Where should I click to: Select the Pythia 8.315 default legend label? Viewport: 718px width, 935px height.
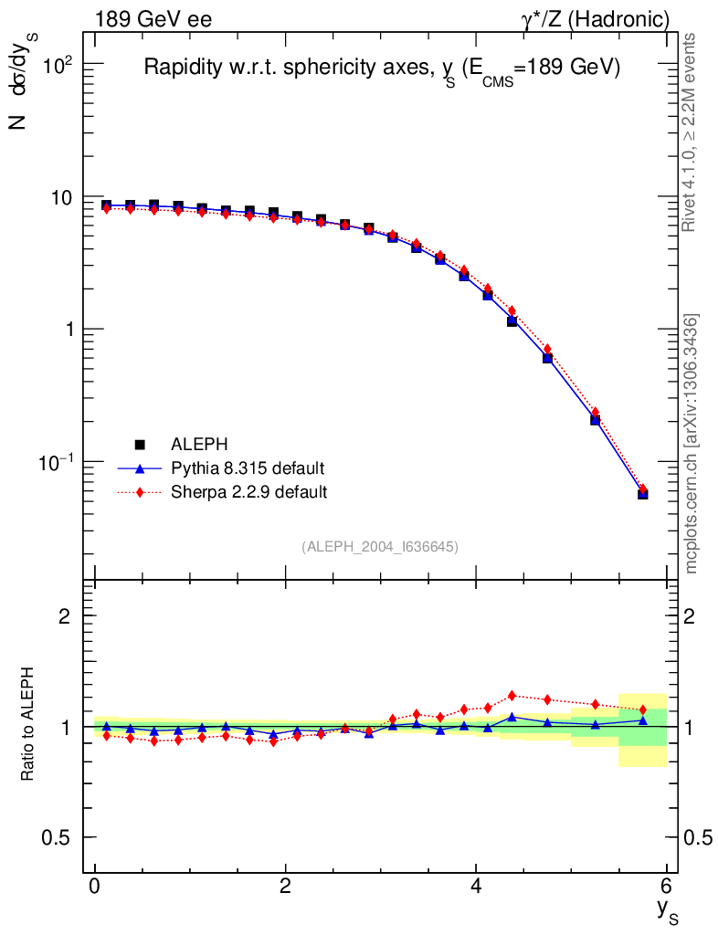(248, 468)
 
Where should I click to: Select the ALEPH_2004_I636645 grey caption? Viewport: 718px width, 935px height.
(380, 546)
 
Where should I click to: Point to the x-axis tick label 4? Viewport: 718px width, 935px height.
(476, 887)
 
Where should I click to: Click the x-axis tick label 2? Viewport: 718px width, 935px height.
(286, 887)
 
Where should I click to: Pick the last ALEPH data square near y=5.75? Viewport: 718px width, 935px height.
(643, 494)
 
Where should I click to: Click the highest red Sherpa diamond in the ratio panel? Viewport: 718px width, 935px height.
(512, 695)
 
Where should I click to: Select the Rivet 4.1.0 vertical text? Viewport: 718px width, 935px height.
(692, 132)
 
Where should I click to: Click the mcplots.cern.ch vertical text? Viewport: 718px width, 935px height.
(692, 444)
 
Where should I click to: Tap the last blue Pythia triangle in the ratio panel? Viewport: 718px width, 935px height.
(643, 720)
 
